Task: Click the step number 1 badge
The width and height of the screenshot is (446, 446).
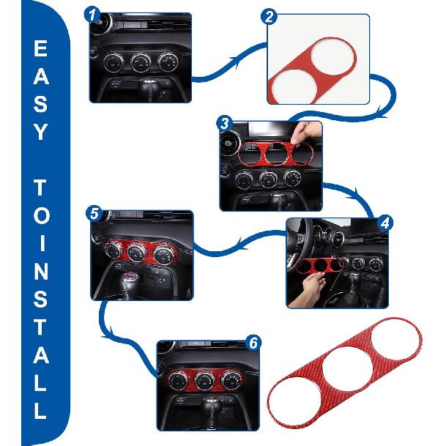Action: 92,13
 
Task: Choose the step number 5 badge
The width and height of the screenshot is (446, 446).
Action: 93,213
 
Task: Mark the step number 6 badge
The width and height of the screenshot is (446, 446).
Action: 254,342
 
